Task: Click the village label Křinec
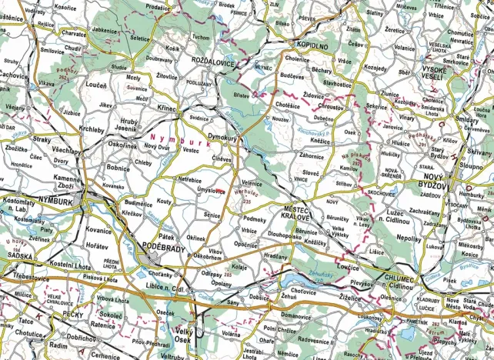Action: click(166, 110)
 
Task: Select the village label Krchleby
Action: click(92, 130)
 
